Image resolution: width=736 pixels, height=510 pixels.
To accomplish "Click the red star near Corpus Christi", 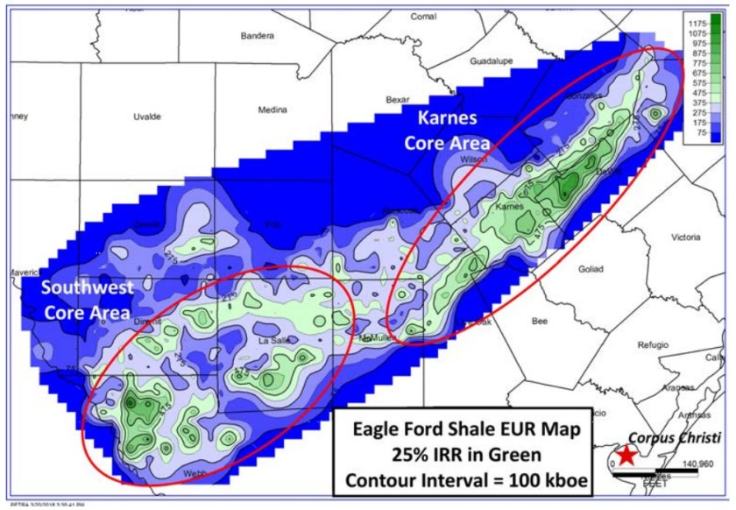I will pos(626,455).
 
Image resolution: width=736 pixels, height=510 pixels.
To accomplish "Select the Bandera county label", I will pos(258,36).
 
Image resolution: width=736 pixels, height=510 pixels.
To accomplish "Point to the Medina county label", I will pos(273,110).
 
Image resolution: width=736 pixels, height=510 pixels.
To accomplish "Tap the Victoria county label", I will pos(684,237).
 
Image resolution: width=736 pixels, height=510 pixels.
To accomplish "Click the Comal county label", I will pos(424,17).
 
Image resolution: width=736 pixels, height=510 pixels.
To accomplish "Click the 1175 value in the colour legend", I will pos(697,22).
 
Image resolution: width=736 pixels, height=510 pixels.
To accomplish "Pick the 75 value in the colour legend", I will pos(699,135).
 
